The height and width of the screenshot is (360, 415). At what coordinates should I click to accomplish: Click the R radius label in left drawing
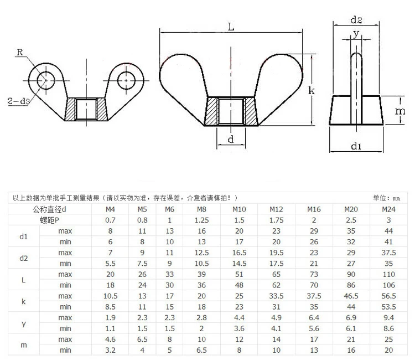pyautogui.click(x=20, y=53)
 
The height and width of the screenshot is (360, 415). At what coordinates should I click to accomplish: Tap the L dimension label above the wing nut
pyautogui.click(x=231, y=26)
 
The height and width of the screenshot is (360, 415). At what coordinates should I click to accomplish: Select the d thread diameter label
pyautogui.click(x=230, y=140)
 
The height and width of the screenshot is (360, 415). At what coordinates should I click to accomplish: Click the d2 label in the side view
pyautogui.click(x=357, y=20)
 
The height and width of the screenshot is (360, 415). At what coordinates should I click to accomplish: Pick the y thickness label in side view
pyautogui.click(x=356, y=34)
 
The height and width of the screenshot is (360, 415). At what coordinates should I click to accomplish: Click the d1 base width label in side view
pyautogui.click(x=356, y=146)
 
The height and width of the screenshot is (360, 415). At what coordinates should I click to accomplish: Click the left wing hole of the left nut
pyautogui.click(x=43, y=80)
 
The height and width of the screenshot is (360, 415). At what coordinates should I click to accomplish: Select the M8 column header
pyautogui.click(x=201, y=209)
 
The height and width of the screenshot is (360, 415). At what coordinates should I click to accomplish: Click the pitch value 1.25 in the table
pyautogui.click(x=201, y=219)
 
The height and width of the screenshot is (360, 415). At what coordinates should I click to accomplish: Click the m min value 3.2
pyautogui.click(x=110, y=350)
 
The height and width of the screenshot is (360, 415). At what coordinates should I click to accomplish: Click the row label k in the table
pyautogui.click(x=23, y=301)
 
